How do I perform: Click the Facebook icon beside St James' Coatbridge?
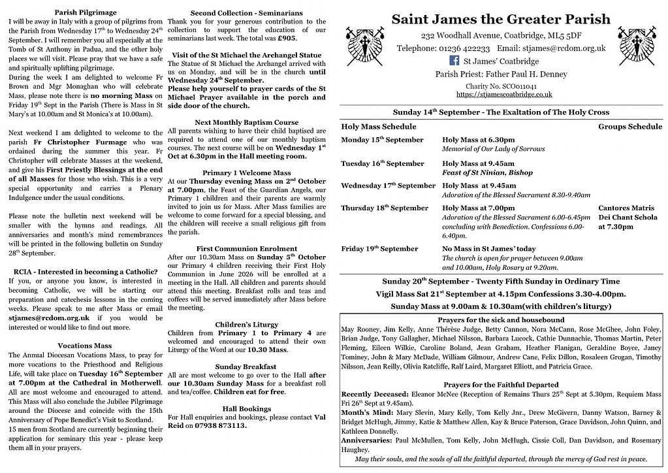(455, 61)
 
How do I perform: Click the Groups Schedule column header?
(629, 126)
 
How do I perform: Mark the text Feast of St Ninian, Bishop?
(487, 172)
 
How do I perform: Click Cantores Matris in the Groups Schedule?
(626, 208)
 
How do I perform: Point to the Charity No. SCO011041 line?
(501, 86)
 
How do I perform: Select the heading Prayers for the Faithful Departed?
(501, 385)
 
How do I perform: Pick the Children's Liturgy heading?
(246, 324)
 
